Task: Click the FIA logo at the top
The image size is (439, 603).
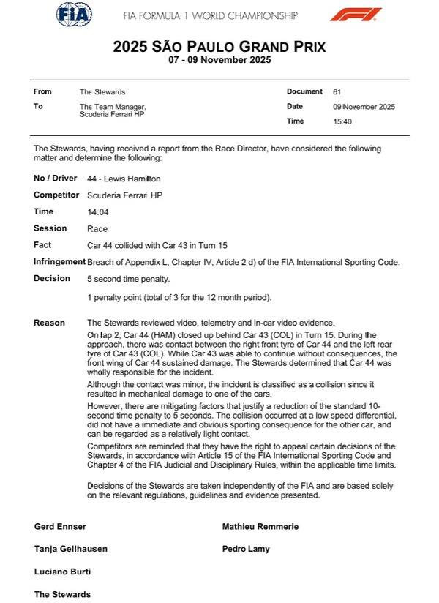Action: pos(75,14)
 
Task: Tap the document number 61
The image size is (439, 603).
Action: pos(337,92)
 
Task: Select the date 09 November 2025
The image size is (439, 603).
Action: pos(364,107)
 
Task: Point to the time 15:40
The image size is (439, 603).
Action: pos(342,121)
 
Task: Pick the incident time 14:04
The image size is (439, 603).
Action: pos(97,211)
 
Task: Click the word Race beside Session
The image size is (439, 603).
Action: pos(97,228)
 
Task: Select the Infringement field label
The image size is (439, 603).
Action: pos(59,262)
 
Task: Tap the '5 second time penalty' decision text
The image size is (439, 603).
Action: pos(128,279)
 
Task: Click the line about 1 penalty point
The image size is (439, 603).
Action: pos(179,297)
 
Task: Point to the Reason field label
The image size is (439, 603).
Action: pos(49,323)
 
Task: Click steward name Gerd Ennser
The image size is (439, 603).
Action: pos(59,527)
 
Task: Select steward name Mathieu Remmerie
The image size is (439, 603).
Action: pos(260,527)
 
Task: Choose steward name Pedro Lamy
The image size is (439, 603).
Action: pos(246,549)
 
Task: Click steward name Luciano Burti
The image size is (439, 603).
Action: pos(62,572)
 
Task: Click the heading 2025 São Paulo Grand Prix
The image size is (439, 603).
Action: pos(219,47)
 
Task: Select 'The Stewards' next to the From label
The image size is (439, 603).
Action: pos(102,92)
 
